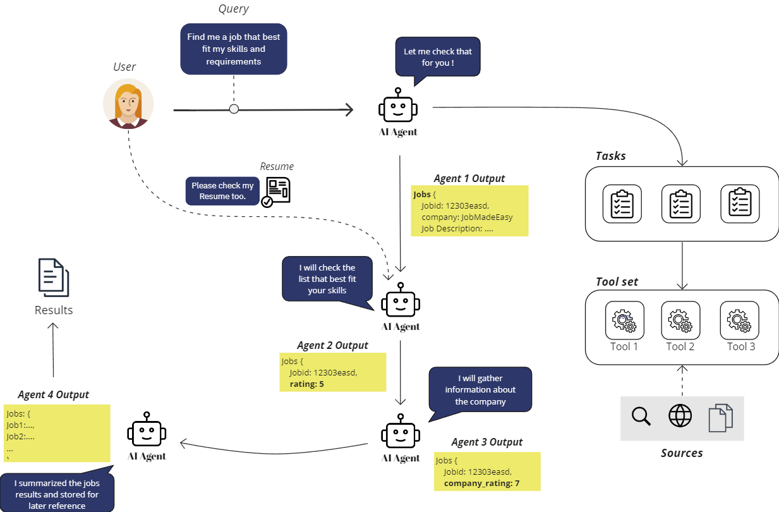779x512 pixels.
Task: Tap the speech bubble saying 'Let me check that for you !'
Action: (437, 57)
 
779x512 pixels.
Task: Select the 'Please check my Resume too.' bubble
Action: (222, 191)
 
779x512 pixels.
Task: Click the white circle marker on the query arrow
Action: (234, 109)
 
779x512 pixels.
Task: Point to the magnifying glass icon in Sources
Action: (641, 417)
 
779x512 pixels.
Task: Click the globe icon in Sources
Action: (680, 417)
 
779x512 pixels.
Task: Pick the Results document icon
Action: (54, 277)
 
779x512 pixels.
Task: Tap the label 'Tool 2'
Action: (680, 346)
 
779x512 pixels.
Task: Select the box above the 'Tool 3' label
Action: (739, 320)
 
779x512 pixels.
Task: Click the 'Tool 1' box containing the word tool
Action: (624, 320)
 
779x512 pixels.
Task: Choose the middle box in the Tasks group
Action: (680, 204)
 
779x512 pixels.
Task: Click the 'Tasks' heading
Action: (610, 155)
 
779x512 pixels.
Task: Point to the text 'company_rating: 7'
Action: (481, 484)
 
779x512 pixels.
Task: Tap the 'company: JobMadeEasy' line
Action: (467, 217)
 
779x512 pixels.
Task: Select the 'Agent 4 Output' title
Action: (54, 394)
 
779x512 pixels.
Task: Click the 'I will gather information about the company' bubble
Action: (480, 389)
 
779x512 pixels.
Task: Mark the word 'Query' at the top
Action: (233, 9)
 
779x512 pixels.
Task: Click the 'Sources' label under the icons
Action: (682, 453)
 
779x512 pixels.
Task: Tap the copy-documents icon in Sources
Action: (720, 418)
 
